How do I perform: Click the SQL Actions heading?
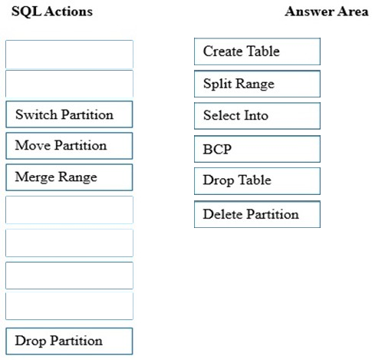(x=52, y=12)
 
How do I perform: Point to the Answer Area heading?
(x=327, y=12)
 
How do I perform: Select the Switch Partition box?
(x=69, y=114)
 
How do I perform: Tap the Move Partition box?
(x=69, y=146)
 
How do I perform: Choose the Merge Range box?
(x=69, y=177)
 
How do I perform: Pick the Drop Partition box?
(x=69, y=341)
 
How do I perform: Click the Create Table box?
(x=257, y=51)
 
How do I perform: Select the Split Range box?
(x=257, y=84)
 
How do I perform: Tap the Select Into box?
(x=257, y=116)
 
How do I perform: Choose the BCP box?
(x=257, y=149)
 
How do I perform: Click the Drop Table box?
(x=257, y=181)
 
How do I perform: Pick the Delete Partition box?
(x=257, y=214)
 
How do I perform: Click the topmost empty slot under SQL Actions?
(x=69, y=54)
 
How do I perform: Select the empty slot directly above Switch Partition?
(x=69, y=84)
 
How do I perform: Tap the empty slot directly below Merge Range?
(x=69, y=210)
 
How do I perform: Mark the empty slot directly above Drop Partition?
(x=69, y=306)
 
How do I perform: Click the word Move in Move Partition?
(x=33, y=145)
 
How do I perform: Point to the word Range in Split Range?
(x=255, y=84)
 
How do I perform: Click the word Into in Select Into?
(x=256, y=115)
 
